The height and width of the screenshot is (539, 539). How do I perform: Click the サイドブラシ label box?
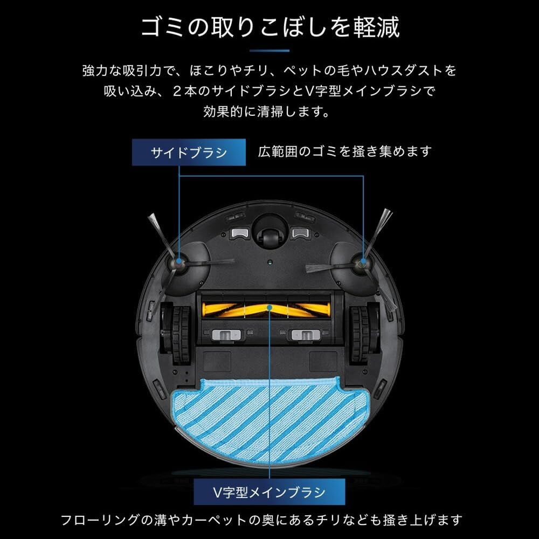point(188,152)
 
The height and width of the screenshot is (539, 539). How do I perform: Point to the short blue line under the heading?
point(269,51)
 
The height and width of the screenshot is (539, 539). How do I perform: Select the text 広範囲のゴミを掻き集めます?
point(345,151)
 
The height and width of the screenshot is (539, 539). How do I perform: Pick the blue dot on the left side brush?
point(177,262)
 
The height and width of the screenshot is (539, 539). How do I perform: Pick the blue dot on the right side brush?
point(361,262)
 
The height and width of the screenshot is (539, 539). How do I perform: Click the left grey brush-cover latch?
point(226,336)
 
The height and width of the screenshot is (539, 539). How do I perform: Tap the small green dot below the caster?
point(268,263)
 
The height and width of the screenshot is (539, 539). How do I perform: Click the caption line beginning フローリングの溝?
point(261,521)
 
